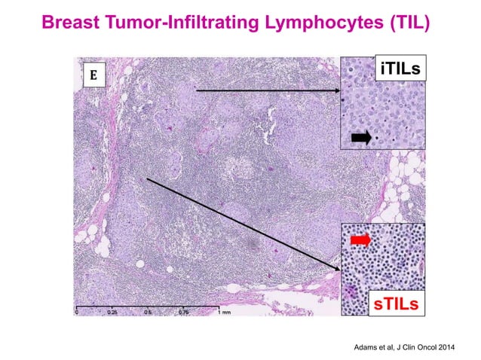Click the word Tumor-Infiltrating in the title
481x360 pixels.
181,22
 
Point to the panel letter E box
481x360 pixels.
94,75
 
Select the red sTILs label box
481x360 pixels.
395,304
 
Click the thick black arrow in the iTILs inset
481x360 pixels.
361,137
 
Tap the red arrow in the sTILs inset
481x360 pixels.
360,239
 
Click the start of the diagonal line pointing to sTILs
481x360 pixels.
148,179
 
